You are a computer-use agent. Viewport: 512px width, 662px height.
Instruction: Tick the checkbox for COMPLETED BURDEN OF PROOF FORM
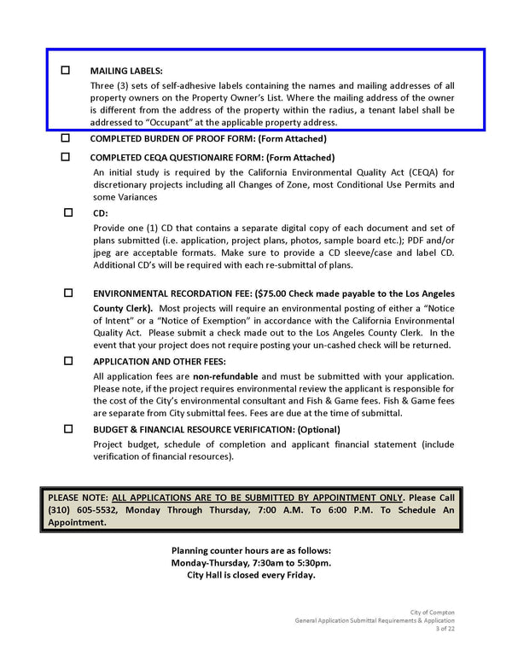(66, 137)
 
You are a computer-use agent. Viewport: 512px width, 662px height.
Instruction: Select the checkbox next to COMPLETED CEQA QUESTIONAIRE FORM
(66, 157)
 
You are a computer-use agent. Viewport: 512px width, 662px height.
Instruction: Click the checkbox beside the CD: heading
(68, 212)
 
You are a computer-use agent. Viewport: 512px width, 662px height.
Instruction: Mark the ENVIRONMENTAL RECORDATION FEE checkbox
(68, 293)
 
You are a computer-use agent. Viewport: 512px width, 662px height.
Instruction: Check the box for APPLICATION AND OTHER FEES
(68, 361)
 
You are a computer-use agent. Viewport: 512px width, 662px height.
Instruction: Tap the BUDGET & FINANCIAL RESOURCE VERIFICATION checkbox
(68, 429)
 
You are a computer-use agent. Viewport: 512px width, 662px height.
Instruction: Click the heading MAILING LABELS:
(126, 71)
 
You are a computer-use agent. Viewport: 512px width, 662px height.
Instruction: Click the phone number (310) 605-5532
(83, 509)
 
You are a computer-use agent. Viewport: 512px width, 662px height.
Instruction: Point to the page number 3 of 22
(445, 629)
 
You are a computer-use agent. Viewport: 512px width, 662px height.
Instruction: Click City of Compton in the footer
(433, 613)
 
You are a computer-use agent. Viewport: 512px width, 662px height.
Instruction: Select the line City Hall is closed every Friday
(251, 575)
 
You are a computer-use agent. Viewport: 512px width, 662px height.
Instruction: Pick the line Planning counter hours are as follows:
(251, 551)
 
